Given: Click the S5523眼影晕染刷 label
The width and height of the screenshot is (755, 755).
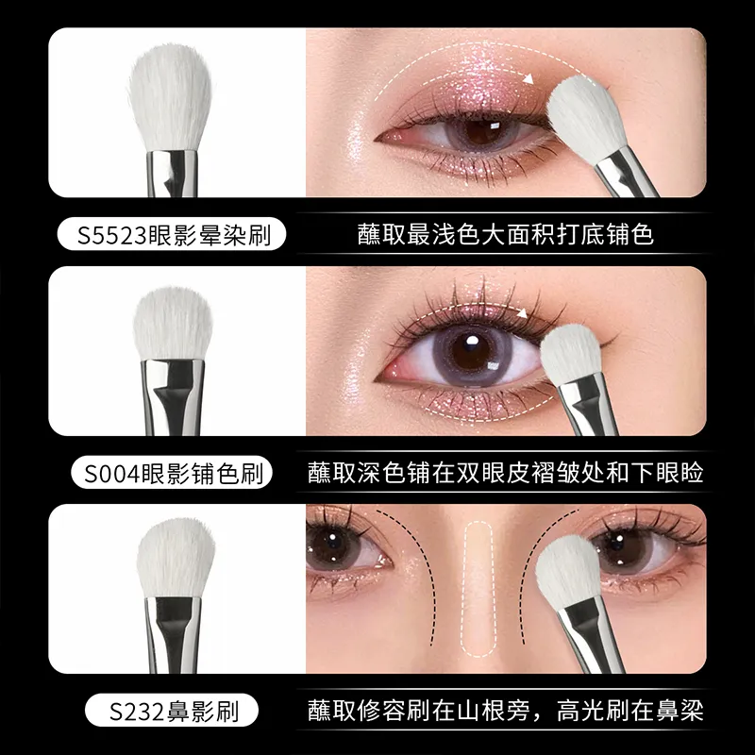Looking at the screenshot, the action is [x=172, y=234].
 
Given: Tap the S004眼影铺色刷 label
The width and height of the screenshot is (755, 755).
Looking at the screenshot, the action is [x=172, y=473].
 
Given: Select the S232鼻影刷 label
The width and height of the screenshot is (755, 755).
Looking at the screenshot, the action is [x=172, y=711].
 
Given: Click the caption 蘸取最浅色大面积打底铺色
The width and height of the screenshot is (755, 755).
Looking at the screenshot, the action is [x=505, y=234].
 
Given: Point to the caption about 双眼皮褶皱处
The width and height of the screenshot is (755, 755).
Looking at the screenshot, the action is [x=505, y=473].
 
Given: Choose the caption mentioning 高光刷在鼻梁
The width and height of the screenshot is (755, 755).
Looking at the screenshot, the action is [x=505, y=711].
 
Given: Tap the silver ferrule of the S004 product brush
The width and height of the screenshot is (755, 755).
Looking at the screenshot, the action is [x=173, y=397].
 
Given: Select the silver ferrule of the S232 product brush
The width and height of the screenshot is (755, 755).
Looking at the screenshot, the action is [x=174, y=634].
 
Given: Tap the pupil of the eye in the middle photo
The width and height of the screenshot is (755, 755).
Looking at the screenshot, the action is [x=469, y=350].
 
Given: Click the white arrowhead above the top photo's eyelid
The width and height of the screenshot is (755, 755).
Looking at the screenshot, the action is [x=528, y=78].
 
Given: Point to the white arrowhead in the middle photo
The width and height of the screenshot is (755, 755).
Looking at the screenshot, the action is [x=522, y=313].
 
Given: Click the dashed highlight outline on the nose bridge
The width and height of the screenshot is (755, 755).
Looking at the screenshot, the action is [x=478, y=590].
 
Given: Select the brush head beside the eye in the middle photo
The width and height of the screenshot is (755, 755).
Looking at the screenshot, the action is [x=570, y=353].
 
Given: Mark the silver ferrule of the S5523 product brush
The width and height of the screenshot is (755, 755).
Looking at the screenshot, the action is [x=172, y=174].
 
